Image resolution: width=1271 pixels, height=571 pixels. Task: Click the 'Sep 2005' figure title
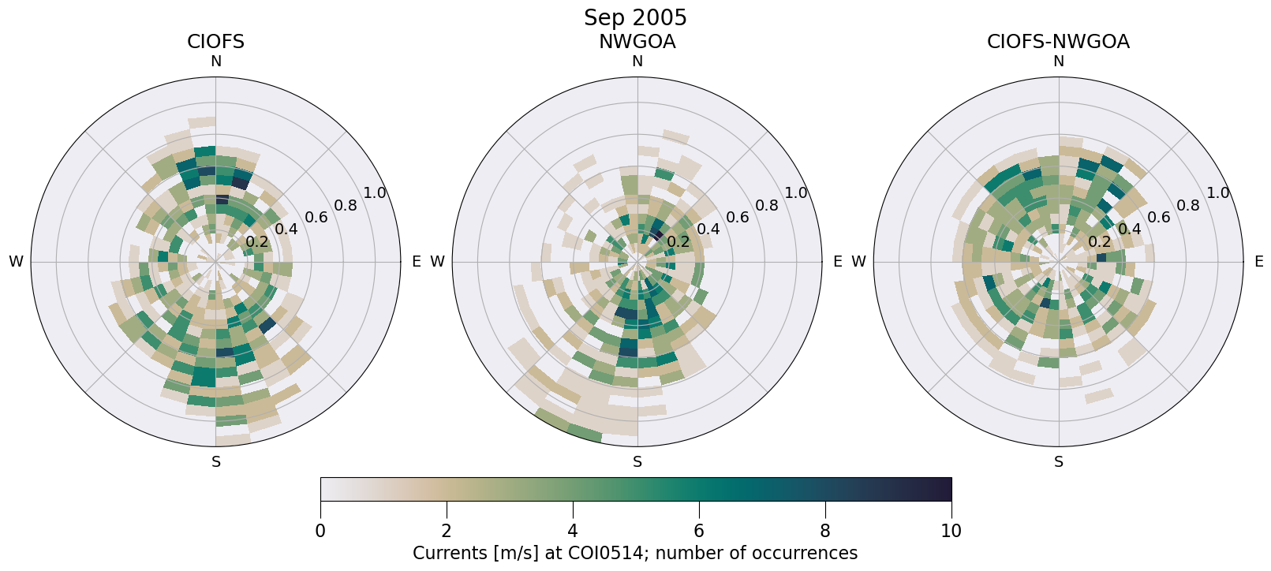click(x=635, y=17)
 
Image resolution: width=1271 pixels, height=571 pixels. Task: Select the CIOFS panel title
click(x=215, y=42)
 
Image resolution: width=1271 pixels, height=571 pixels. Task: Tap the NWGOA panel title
click(x=637, y=42)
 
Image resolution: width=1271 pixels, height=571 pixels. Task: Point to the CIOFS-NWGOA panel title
click(x=1058, y=42)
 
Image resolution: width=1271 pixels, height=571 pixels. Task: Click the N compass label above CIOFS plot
click(x=215, y=62)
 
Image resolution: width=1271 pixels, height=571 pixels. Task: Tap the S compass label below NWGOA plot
click(x=637, y=462)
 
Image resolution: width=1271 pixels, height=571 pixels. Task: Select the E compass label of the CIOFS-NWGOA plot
click(x=1258, y=262)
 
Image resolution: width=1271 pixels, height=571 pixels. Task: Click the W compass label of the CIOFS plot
click(x=16, y=262)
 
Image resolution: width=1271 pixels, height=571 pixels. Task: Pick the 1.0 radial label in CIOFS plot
click(x=375, y=193)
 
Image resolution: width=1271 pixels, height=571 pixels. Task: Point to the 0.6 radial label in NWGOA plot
click(x=737, y=217)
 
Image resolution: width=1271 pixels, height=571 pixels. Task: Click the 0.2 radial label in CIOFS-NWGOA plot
click(x=1099, y=241)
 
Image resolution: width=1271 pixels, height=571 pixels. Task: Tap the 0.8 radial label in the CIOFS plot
click(x=346, y=206)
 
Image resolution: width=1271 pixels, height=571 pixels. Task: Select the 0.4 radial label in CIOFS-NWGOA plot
click(x=1129, y=229)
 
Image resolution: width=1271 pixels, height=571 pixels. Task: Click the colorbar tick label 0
click(x=320, y=531)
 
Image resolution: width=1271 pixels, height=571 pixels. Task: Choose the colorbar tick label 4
click(x=573, y=531)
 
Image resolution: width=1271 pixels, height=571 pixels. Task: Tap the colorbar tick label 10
click(x=951, y=531)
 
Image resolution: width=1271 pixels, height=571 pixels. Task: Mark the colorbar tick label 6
click(x=699, y=531)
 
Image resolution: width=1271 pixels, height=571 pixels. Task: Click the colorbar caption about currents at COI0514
click(x=635, y=553)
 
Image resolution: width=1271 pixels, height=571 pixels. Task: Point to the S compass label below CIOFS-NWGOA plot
click(x=1058, y=462)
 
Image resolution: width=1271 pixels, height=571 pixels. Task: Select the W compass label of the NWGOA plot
click(x=437, y=262)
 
